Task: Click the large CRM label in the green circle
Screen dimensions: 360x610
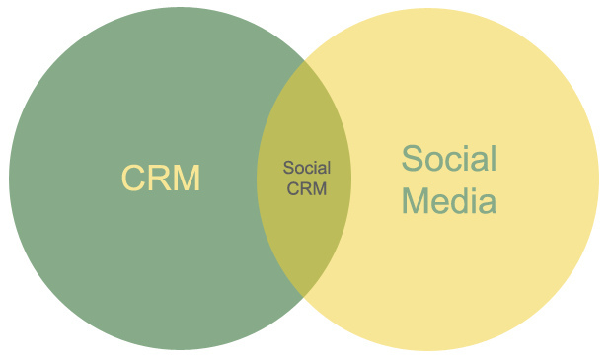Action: coord(161,179)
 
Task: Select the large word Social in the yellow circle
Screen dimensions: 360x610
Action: coord(449,158)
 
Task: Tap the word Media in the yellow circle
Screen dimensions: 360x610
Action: coord(449,201)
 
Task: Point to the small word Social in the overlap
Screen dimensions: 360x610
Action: coord(306,168)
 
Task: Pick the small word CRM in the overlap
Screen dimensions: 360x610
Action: coord(306,187)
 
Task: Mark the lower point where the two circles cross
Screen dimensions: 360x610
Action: coord(304,294)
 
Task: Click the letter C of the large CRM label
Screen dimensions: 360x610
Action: coord(134,179)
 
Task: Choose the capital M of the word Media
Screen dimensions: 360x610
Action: coord(419,201)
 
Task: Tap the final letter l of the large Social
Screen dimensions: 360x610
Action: coord(493,158)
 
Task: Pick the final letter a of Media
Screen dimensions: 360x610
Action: coord(486,203)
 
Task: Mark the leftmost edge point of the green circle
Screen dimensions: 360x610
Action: coord(9,179)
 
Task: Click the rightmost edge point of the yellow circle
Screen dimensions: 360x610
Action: coord(598,179)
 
